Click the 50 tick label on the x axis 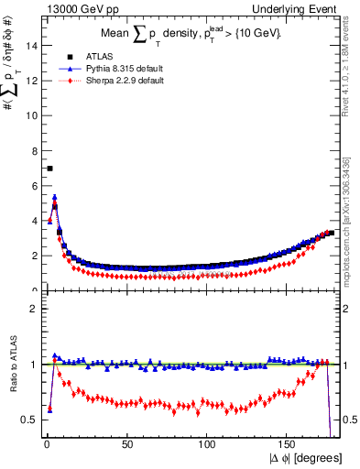click(x=127, y=443)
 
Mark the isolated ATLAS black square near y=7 click(x=49, y=169)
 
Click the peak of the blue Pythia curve click(x=55, y=197)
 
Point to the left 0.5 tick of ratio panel click(x=30, y=420)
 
